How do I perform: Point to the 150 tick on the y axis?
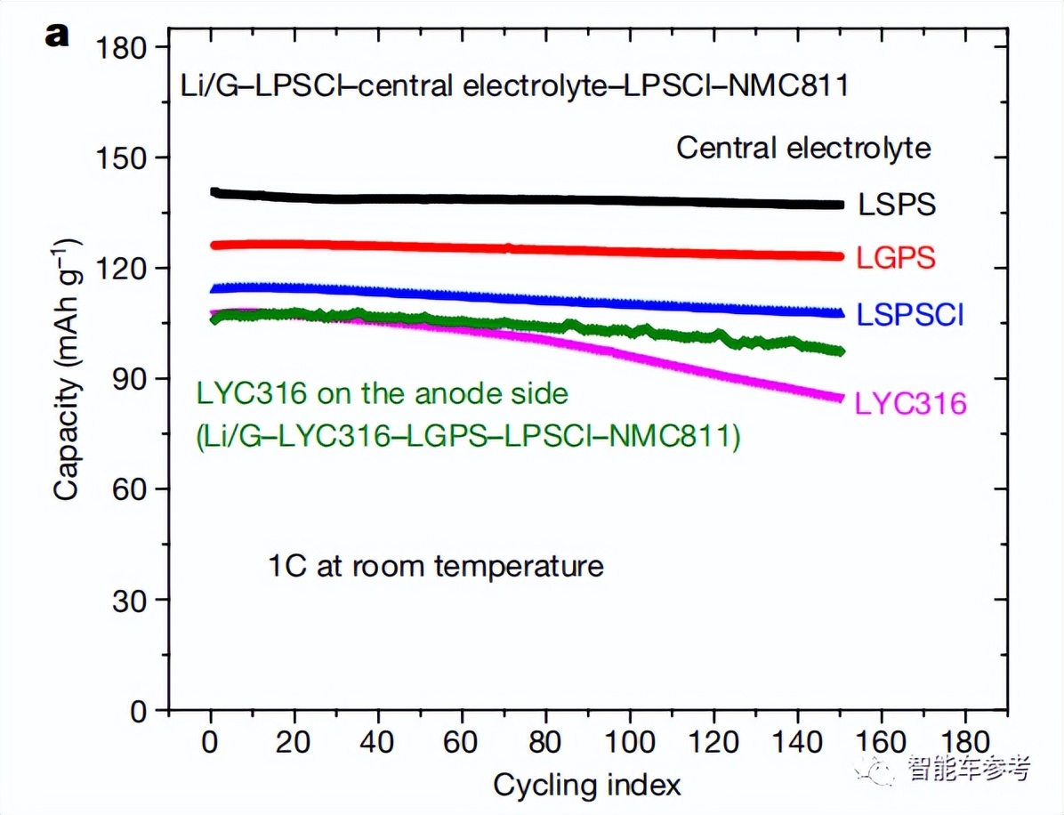coord(126,157)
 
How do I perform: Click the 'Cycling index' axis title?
coord(587,786)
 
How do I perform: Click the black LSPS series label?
coord(897,205)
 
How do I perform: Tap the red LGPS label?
coord(896,258)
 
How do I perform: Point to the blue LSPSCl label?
coord(910,314)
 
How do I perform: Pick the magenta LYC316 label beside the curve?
coord(910,404)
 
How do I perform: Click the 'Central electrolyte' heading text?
coord(803,148)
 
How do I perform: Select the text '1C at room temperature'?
coord(436,566)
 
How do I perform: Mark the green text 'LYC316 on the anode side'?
coord(381,392)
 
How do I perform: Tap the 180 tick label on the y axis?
coord(126,46)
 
